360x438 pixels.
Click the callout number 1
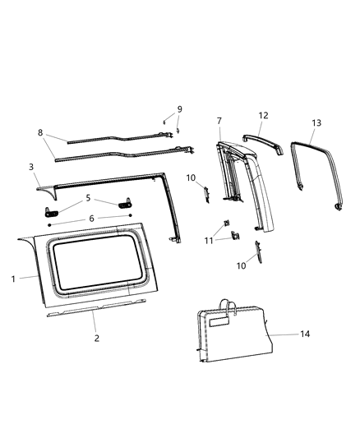[14, 279]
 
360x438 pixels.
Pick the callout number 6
[92, 218]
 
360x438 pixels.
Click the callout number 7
[219, 122]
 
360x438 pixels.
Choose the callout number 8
[39, 132]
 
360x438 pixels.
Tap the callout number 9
[179, 109]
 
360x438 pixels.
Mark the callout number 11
[208, 240]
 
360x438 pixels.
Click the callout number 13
[316, 122]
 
